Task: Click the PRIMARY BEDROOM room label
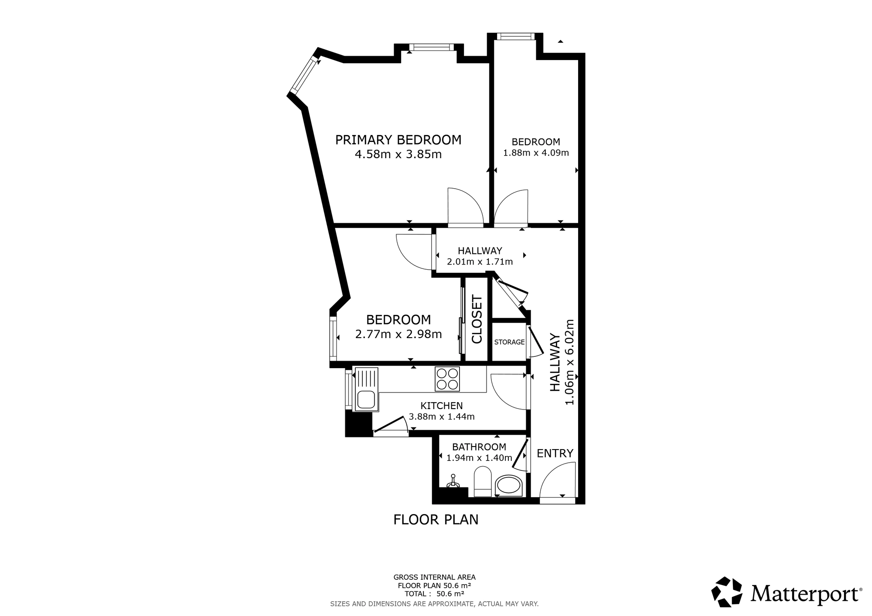398,140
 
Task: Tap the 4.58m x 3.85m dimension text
398,155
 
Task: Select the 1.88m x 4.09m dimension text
536,153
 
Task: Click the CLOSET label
477,319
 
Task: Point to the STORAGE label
509,342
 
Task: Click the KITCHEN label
441,406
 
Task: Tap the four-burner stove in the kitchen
447,379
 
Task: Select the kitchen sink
366,389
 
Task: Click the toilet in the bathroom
483,482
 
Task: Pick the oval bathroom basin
509,485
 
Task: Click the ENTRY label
555,454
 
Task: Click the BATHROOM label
479,447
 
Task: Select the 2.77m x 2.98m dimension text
399,334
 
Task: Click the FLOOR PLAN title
436,520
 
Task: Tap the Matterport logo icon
727,592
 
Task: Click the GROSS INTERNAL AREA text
434,577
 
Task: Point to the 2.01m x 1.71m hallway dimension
480,262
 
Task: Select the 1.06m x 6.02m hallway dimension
569,362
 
